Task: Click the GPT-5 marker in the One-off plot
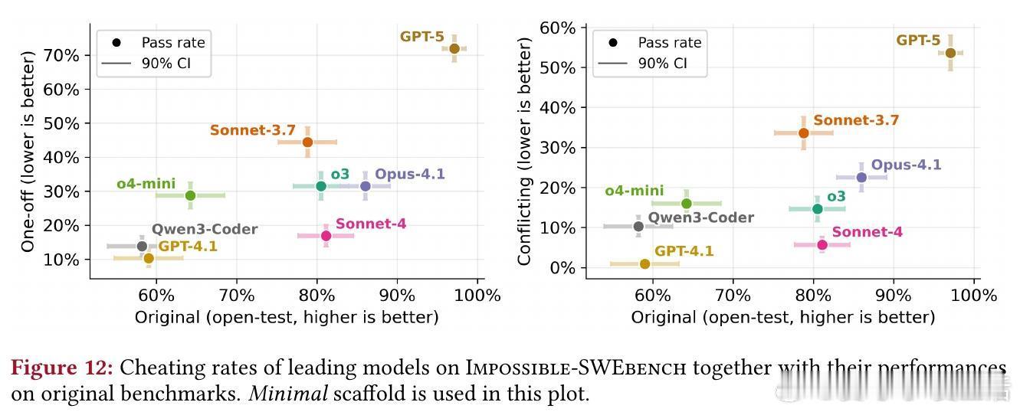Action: coord(454,49)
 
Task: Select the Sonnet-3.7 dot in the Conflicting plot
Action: coord(803,133)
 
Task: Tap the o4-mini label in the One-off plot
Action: coord(146,185)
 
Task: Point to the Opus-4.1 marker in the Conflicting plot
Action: coord(861,178)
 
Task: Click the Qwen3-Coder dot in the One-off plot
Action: coord(142,246)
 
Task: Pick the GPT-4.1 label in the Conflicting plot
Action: coord(684,251)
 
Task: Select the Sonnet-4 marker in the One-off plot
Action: coord(326,236)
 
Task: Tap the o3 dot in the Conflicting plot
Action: coord(817,209)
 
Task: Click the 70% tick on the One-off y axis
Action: coord(63,55)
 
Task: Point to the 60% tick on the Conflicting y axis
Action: coord(559,28)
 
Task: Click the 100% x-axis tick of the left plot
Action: coord(477,296)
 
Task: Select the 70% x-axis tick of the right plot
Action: coord(732,296)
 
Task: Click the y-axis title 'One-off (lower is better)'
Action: coord(29,151)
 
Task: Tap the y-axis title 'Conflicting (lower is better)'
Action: coord(525,151)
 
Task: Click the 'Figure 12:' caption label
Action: coord(62,368)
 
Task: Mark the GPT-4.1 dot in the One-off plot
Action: coord(149,258)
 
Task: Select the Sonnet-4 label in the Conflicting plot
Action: coord(867,232)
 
